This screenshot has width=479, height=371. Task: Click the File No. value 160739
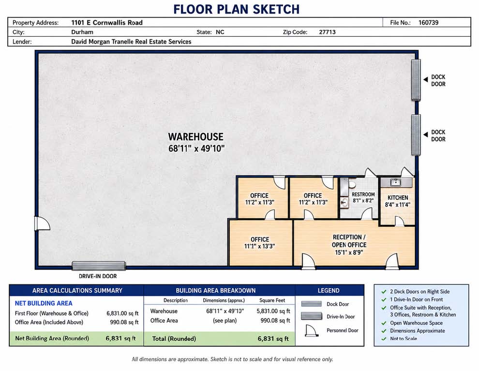click(428, 23)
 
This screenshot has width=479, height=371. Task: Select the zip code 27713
click(327, 32)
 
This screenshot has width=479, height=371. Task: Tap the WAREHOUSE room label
click(196, 137)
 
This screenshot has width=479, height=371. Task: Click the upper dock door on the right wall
click(416, 80)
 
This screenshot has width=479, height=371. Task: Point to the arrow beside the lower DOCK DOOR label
click(426, 134)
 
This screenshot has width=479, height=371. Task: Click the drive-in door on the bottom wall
click(99, 266)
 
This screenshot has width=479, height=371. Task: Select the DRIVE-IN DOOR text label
click(98, 276)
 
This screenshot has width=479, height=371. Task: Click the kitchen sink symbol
click(396, 182)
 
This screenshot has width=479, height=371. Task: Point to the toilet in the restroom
click(352, 185)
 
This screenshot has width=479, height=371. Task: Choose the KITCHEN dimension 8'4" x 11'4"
click(397, 205)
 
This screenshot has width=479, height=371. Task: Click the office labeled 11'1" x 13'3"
click(261, 243)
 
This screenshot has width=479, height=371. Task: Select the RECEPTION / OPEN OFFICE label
click(349, 241)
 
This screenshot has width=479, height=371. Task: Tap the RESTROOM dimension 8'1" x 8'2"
click(363, 201)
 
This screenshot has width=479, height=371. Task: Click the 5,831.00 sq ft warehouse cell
click(273, 311)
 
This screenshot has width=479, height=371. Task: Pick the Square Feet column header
click(272, 300)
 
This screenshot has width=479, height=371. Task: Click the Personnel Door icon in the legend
click(312, 330)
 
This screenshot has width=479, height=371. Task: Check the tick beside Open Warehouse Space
click(384, 323)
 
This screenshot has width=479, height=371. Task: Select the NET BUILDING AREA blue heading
click(44, 303)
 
